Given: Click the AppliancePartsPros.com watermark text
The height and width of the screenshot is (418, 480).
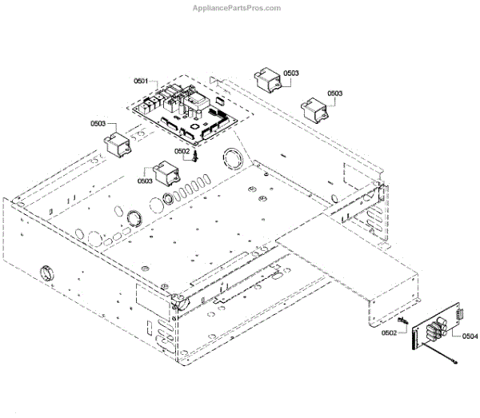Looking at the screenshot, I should [x=238, y=8].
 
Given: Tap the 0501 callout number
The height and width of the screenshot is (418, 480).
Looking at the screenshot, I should [x=142, y=81].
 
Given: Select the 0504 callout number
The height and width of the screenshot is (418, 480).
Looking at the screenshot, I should [x=470, y=336].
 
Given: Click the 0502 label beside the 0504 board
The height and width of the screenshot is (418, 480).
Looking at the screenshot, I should [x=390, y=332].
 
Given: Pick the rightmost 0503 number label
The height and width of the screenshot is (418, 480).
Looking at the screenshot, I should [x=334, y=94].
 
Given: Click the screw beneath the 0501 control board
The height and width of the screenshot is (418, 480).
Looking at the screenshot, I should [x=193, y=157].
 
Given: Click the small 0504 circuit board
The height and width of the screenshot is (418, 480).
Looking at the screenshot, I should [x=437, y=331].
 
